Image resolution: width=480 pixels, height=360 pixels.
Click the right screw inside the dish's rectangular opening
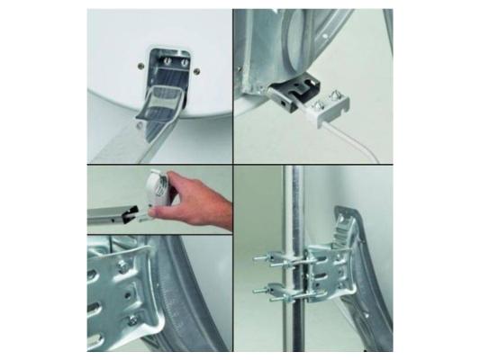tap(185, 64)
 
